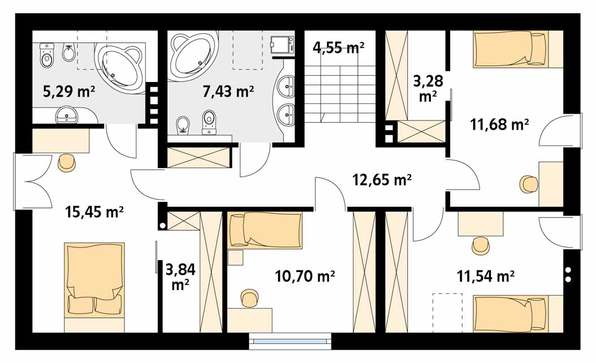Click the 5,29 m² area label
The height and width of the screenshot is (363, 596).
69,92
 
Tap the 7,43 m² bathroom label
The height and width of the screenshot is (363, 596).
228,92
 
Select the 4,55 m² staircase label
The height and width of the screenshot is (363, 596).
339,47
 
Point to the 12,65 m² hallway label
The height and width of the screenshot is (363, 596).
382,179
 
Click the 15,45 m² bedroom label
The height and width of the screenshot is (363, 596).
94,211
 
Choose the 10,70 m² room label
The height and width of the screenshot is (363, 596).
305,276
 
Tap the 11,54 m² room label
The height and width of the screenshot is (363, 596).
486,276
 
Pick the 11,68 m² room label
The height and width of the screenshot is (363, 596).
499,124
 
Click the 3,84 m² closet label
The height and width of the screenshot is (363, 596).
180,276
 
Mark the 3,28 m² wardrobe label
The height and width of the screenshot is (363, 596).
428,89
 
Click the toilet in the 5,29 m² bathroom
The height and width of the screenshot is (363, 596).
47,55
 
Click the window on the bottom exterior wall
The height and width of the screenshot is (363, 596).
290,342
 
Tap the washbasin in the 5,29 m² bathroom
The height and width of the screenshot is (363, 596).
67,114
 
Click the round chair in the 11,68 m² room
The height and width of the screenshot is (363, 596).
529,184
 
